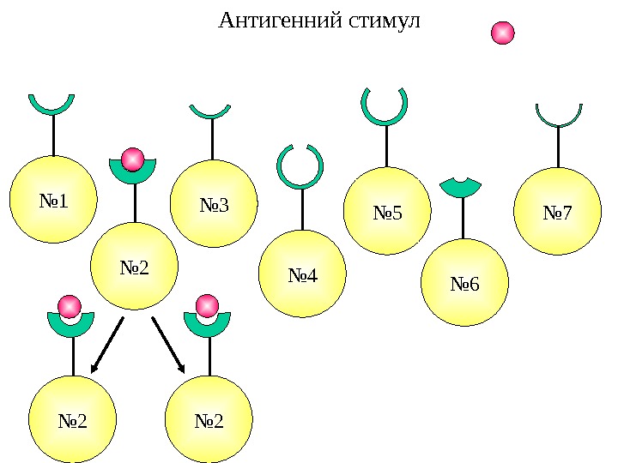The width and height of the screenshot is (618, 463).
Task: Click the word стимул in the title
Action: pos(385,20)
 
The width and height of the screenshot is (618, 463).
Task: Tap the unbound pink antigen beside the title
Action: pos(502,33)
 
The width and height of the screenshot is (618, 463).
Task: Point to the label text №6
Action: pos(464,283)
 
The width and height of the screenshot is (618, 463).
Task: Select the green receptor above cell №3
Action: pos(210,112)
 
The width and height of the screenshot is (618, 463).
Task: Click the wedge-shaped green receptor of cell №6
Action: pos(461,188)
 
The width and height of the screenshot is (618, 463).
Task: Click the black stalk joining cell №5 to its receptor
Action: pos(386,146)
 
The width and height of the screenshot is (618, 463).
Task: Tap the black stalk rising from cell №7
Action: pos(559,147)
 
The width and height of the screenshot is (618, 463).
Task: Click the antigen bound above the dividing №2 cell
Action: pos(132,159)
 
